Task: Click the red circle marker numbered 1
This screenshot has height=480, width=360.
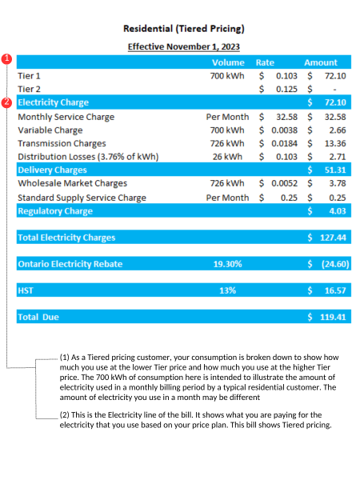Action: pyautogui.click(x=6, y=59)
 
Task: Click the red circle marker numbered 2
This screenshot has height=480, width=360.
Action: pyautogui.click(x=6, y=102)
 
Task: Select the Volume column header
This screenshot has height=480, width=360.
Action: pyautogui.click(x=228, y=62)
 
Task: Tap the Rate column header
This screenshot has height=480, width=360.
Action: pyautogui.click(x=265, y=62)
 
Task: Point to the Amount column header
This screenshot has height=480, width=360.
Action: pyautogui.click(x=321, y=62)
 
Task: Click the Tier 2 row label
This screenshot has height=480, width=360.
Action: pyautogui.click(x=29, y=89)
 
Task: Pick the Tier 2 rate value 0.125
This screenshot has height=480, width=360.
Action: pyautogui.click(x=286, y=89)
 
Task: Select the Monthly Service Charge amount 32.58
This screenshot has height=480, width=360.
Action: pyautogui.click(x=335, y=117)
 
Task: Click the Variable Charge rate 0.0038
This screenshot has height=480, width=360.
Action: pyautogui.click(x=284, y=130)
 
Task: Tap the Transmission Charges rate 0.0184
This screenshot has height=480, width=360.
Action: pyautogui.click(x=284, y=143)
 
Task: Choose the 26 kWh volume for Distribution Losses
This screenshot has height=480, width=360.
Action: pyautogui.click(x=227, y=157)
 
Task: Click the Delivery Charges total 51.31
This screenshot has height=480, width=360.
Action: pyautogui.click(x=335, y=170)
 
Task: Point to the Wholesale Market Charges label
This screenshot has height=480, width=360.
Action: pyautogui.click(x=72, y=183)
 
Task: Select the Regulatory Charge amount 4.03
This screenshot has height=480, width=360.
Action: pyautogui.click(x=338, y=211)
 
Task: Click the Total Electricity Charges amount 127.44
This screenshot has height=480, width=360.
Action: pyautogui.click(x=333, y=238)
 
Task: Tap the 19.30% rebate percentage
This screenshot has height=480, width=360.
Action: pyautogui.click(x=227, y=264)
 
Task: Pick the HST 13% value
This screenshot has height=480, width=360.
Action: pyautogui.click(x=227, y=290)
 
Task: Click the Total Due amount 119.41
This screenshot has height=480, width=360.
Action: pyautogui.click(x=333, y=317)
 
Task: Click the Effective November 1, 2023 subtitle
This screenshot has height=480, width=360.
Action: pyautogui.click(x=184, y=47)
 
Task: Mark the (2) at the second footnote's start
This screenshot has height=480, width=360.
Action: pyautogui.click(x=65, y=414)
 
